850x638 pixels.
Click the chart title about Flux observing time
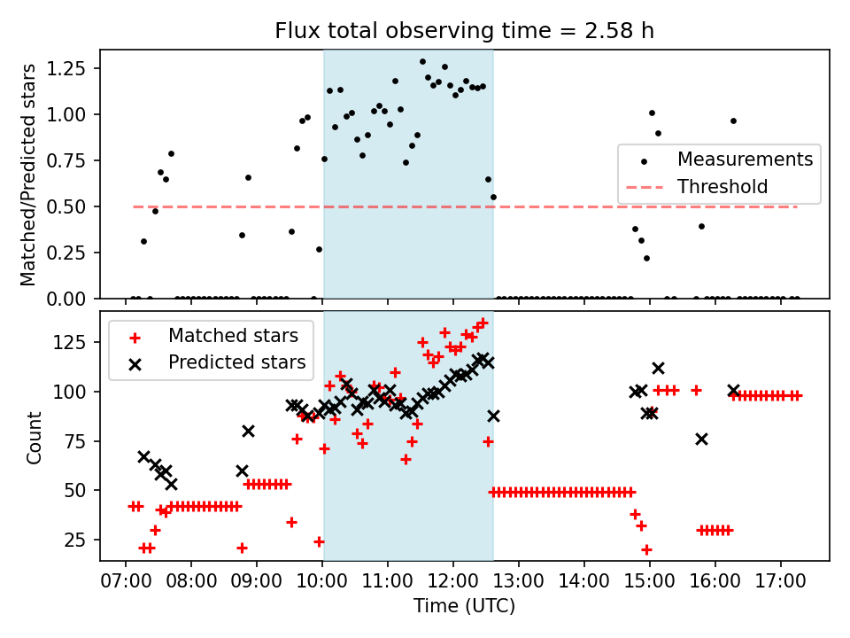465,31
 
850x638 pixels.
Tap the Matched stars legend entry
233,336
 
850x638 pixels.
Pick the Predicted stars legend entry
236,362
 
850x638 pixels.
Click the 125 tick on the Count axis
77,342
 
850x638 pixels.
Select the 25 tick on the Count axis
81,540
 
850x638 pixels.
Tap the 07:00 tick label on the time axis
125,584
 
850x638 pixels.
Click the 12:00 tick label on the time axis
453,584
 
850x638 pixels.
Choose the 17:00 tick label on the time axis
781,584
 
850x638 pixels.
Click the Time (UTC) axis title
465,607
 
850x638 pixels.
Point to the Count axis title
35,437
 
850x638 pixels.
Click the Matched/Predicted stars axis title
28,175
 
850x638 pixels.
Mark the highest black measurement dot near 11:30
422,62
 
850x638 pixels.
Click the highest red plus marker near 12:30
483,323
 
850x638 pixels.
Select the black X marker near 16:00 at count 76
701,439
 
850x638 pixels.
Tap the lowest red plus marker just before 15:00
646,549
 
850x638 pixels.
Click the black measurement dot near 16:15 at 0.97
733,121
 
